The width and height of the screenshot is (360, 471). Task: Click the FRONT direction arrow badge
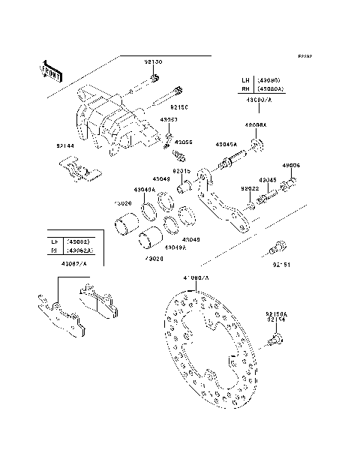(x=50, y=69)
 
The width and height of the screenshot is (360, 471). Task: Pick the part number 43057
(x=169, y=119)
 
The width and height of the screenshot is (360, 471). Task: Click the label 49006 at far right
(x=291, y=166)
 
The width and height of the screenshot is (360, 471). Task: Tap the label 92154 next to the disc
(x=276, y=319)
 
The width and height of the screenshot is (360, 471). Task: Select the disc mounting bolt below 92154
(x=274, y=342)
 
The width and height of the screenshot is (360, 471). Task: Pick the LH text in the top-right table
(x=246, y=79)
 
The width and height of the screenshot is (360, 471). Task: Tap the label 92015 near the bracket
(x=182, y=172)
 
